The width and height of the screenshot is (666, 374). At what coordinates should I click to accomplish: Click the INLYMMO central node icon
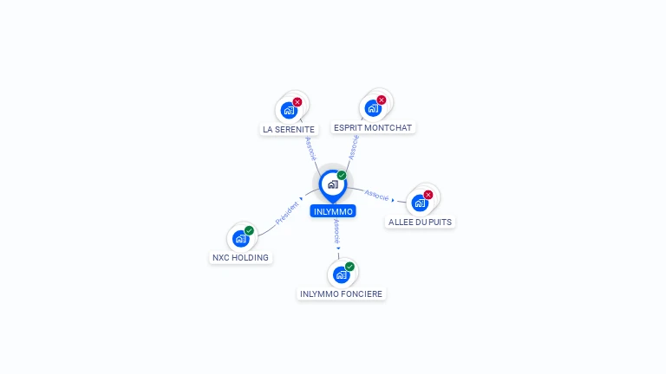[x=332, y=184]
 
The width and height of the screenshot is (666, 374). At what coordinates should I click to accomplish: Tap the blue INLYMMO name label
[x=333, y=211]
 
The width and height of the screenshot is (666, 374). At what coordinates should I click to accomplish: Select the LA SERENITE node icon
[x=289, y=111]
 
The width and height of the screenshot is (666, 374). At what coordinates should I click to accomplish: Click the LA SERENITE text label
[x=289, y=129]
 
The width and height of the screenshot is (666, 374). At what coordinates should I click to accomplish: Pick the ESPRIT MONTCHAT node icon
[x=373, y=108]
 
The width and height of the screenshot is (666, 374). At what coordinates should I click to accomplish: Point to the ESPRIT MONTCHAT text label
[x=373, y=127]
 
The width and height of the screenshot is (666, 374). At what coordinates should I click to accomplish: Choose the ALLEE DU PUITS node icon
[x=420, y=203]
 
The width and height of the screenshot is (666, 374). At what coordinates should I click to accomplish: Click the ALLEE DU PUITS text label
[x=420, y=222]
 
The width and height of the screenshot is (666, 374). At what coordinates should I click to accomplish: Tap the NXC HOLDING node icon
[x=241, y=239]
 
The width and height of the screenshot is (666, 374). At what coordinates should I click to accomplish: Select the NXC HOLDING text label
[x=241, y=257]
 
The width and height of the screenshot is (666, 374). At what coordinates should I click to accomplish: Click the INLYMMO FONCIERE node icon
[x=341, y=274]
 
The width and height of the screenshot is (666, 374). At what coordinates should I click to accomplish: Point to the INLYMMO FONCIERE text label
[x=341, y=293]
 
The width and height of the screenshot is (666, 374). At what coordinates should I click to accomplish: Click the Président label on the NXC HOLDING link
[x=286, y=213]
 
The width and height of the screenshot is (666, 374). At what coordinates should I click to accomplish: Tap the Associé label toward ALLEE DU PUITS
[x=377, y=195]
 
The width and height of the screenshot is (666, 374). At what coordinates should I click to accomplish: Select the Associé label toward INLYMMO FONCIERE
[x=336, y=231]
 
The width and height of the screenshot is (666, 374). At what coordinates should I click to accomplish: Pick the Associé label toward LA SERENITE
[x=310, y=148]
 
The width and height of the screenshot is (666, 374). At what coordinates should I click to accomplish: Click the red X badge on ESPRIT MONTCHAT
[x=381, y=100]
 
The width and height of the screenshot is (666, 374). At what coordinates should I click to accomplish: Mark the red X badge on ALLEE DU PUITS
[x=428, y=195]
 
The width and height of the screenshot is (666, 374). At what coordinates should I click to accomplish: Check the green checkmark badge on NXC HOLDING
[x=249, y=230]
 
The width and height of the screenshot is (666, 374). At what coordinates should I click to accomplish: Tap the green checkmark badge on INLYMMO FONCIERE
[x=349, y=267]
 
